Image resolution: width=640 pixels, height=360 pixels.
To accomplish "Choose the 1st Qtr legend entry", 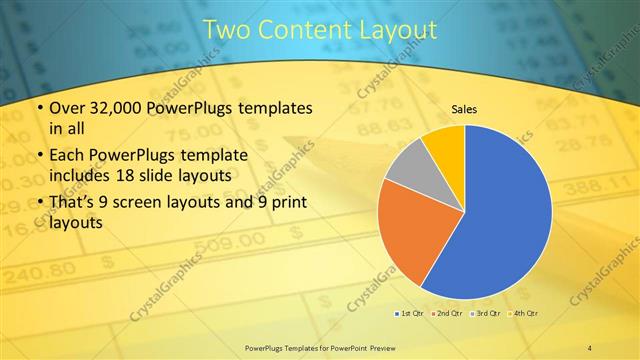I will click(408, 314).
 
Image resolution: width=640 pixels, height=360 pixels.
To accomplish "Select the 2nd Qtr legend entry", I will click(446, 314).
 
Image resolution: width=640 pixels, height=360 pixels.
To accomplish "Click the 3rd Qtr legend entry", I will click(486, 314).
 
